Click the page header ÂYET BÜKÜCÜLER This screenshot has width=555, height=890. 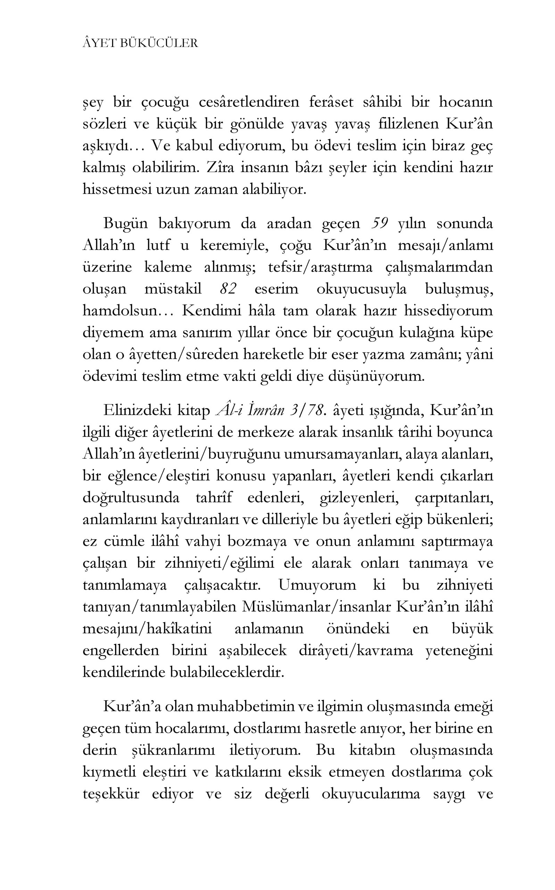140,43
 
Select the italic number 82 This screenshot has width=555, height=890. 227,289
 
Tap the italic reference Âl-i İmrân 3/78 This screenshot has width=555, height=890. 271,410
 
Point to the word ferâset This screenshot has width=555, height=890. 331,102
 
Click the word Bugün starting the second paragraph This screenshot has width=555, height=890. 125,223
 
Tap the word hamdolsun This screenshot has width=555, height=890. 120,311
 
